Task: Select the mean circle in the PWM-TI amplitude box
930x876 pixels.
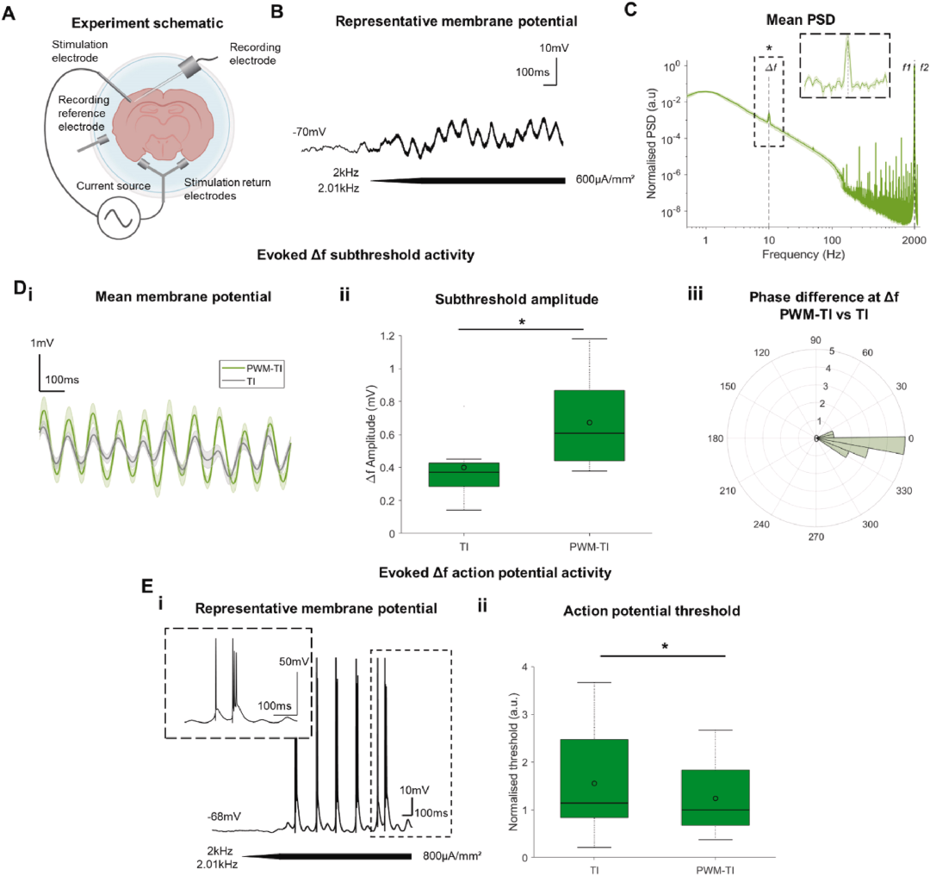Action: (x=589, y=422)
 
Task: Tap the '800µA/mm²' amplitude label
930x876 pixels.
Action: (x=452, y=855)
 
